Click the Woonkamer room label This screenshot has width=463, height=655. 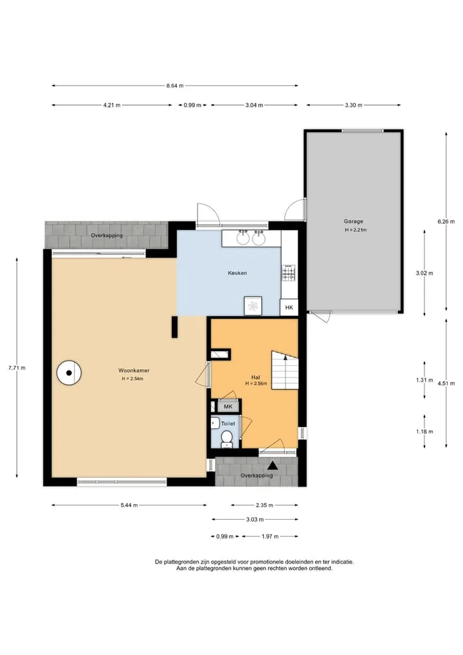tap(134, 370)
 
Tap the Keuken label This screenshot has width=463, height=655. tap(237, 273)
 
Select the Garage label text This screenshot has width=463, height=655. tap(353, 222)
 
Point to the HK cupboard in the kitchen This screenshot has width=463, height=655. tap(289, 307)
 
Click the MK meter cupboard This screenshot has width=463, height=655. tap(228, 406)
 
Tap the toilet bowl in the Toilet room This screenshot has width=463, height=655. tap(226, 439)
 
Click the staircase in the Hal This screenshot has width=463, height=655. tap(286, 370)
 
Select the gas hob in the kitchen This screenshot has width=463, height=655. tap(289, 273)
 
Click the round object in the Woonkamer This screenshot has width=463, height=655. tap(69, 373)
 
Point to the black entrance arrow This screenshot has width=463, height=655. tap(273, 466)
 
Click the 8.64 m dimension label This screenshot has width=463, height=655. tap(175, 86)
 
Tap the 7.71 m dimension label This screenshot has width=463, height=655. tap(17, 368)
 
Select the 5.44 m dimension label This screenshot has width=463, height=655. tap(129, 505)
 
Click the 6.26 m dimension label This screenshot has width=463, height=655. tap(446, 222)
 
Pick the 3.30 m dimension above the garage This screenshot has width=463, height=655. tap(353, 105)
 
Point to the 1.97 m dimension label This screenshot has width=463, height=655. tap(270, 536)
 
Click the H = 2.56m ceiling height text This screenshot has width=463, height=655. tap(256, 383)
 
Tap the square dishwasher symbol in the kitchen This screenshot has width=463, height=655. tap(253, 306)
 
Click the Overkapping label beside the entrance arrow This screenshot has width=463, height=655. tap(257, 476)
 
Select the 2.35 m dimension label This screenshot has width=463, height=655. tap(264, 505)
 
